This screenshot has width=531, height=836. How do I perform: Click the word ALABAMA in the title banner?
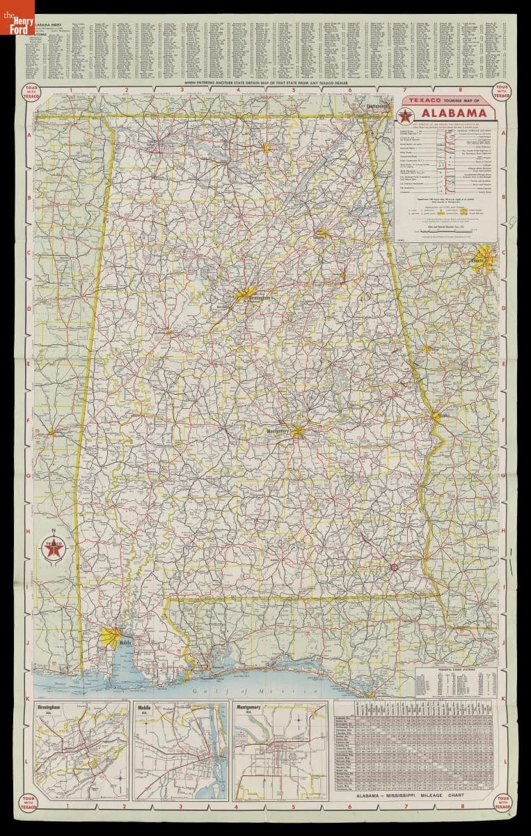[452, 114]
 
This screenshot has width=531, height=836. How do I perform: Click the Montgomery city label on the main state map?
[278, 431]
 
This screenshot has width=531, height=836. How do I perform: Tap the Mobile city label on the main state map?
[125, 642]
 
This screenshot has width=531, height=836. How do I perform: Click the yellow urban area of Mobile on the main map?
[111, 636]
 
